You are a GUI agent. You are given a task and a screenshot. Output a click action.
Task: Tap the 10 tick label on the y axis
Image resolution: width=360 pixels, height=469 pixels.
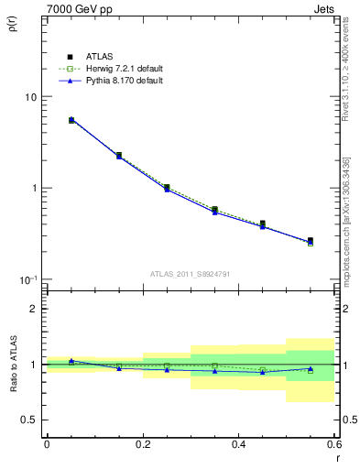pos(30,97)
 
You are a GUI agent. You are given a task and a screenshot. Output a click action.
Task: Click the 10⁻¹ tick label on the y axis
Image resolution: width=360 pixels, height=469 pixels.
pos(28,278)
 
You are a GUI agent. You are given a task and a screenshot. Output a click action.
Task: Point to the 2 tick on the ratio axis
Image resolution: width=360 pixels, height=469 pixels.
pos(34,309)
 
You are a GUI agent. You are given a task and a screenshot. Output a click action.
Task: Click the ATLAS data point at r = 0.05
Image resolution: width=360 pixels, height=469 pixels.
pos(71,120)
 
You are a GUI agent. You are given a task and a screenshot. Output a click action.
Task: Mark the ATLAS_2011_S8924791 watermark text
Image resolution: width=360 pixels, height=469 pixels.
pos(190,272)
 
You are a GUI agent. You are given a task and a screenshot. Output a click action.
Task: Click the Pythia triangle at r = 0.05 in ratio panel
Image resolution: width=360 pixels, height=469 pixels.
pos(71,361)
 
